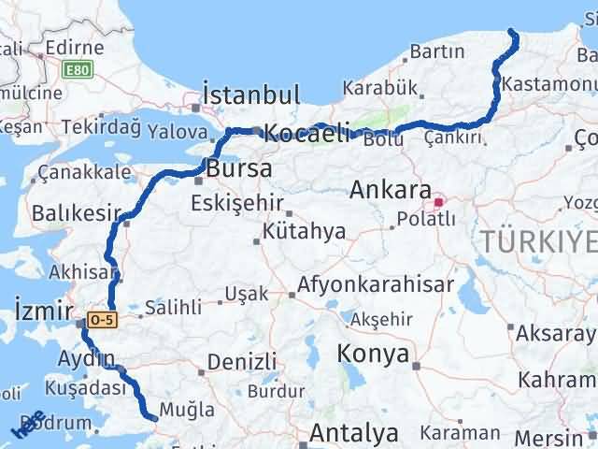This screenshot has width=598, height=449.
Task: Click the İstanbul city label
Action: click(251, 95)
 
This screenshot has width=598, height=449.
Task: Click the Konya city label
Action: click(374, 355)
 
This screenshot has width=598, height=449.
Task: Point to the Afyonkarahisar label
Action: click(377, 284)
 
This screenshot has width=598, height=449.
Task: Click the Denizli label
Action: click(242, 361)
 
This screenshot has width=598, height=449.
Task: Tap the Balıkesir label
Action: click(71, 214)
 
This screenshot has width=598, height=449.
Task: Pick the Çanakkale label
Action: click(84, 173)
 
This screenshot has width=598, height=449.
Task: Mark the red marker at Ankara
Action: click(438, 200)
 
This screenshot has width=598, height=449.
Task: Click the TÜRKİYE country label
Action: click(540, 242)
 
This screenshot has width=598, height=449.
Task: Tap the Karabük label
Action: click(379, 88)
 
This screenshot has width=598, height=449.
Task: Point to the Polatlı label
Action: click(426, 219)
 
